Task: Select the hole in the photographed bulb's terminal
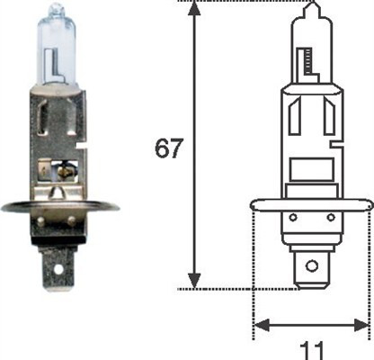pos(61,267)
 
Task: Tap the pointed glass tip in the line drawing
pos(311,7)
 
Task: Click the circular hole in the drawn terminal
pos(311,265)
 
